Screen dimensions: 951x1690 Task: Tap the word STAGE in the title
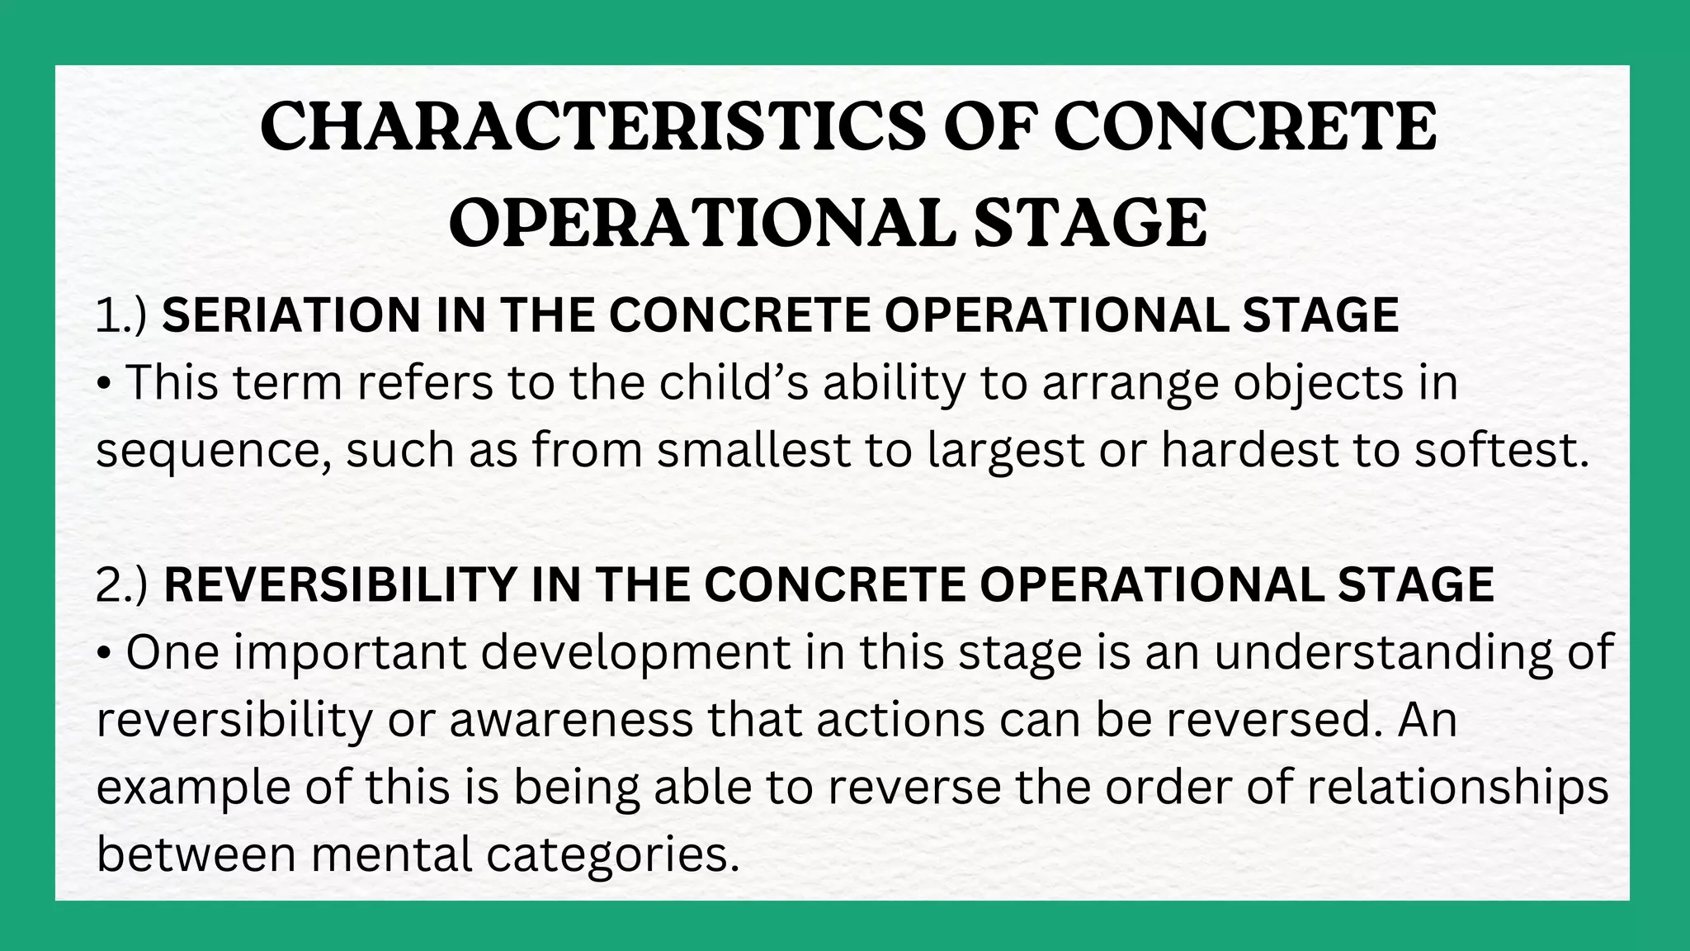(1089, 223)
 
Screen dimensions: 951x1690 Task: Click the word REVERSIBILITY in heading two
(339, 584)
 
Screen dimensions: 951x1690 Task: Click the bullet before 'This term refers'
(104, 385)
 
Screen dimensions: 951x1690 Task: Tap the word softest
(1500, 451)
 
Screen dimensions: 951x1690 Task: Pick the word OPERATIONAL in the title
(701, 223)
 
